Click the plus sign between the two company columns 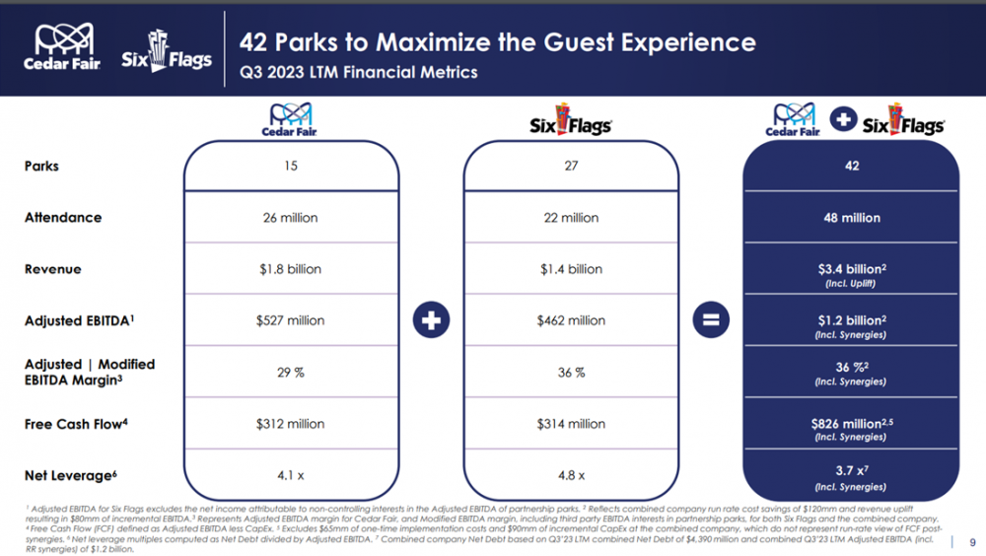coord(431,320)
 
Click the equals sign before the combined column coord(710,320)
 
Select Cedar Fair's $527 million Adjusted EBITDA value coord(291,320)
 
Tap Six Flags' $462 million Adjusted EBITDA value coord(571,320)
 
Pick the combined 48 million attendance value coord(852,218)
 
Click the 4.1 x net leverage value coord(291,475)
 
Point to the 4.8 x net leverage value coord(571,475)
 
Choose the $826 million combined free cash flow coord(850,423)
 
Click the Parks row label coord(41,166)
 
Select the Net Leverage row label coord(70,476)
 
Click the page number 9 coord(972,541)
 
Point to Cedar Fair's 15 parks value coord(291,166)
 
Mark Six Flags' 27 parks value coord(571,166)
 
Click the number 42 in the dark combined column coord(852,166)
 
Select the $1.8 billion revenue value coord(291,269)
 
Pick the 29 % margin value coord(291,373)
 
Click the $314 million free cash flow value coord(571,424)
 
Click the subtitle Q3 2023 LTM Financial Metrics coord(359,73)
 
